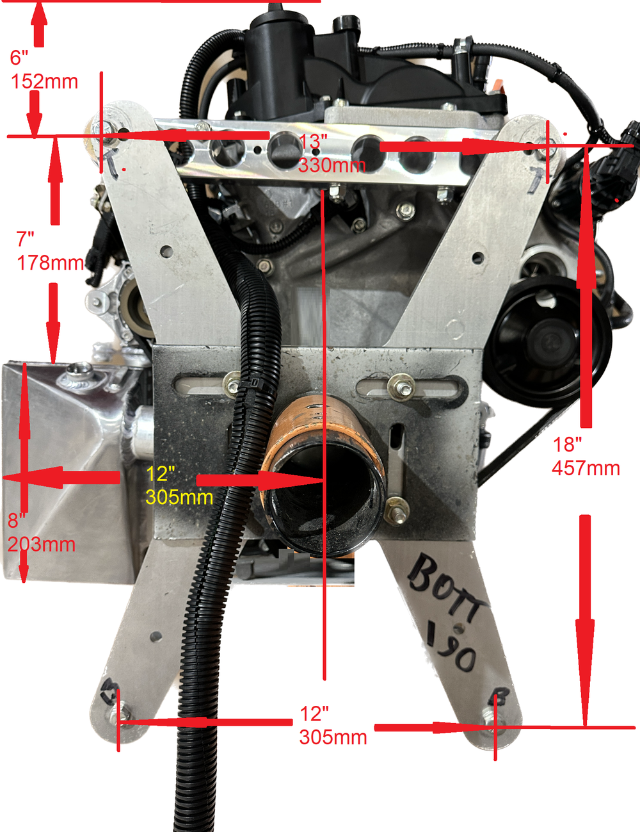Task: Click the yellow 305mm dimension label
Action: click(x=179, y=497)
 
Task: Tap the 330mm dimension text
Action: click(x=332, y=165)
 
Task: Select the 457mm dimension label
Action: click(x=586, y=468)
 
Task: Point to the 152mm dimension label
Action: click(x=45, y=82)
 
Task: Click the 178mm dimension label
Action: click(x=50, y=263)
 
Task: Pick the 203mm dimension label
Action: click(x=42, y=544)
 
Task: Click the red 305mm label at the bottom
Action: click(x=333, y=737)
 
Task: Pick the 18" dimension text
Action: click(x=567, y=445)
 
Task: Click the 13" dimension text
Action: click(x=313, y=143)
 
